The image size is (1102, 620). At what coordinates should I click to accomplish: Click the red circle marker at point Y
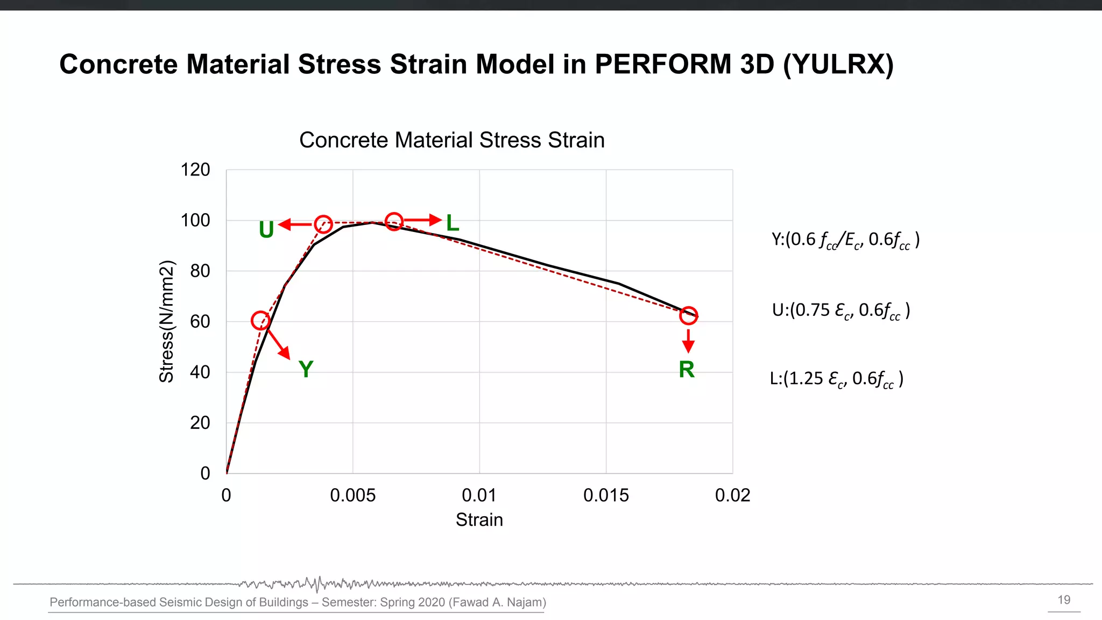260,321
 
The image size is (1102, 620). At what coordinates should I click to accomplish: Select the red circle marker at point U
323,224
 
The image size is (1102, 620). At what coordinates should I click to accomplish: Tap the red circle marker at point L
394,221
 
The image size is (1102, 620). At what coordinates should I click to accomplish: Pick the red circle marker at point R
688,315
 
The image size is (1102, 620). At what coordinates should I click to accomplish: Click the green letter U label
266,230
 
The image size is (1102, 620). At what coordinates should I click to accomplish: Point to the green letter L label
453,223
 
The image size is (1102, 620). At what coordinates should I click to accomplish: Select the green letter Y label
306,369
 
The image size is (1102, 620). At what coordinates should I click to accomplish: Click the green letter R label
687,369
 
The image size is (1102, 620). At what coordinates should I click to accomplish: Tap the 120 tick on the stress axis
195,170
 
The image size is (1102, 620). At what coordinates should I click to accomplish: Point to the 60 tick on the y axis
200,321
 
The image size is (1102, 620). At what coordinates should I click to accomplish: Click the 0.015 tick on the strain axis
606,495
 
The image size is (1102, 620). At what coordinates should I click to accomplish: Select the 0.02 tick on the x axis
732,495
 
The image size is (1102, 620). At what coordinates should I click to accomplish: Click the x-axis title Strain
479,520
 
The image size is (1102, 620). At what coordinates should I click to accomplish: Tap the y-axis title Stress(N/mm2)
167,321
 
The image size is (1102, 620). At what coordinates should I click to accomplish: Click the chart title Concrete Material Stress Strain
452,140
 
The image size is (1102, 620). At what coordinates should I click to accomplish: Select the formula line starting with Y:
845,240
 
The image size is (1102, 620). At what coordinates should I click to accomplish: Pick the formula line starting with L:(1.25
836,379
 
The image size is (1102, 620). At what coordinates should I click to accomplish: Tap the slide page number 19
1064,600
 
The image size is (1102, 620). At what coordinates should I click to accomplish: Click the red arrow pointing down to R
688,341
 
